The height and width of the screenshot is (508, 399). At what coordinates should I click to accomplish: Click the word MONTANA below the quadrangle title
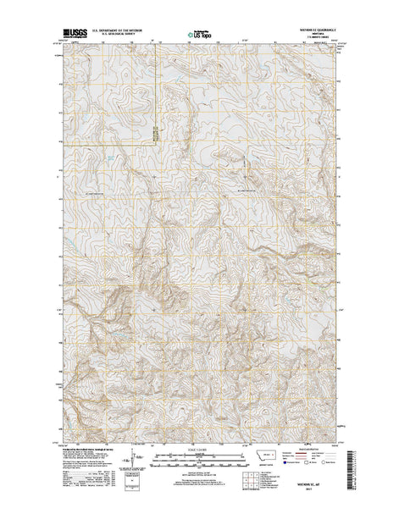[317, 37]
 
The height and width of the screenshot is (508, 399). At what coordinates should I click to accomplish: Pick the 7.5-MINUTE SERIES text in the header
[317, 41]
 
